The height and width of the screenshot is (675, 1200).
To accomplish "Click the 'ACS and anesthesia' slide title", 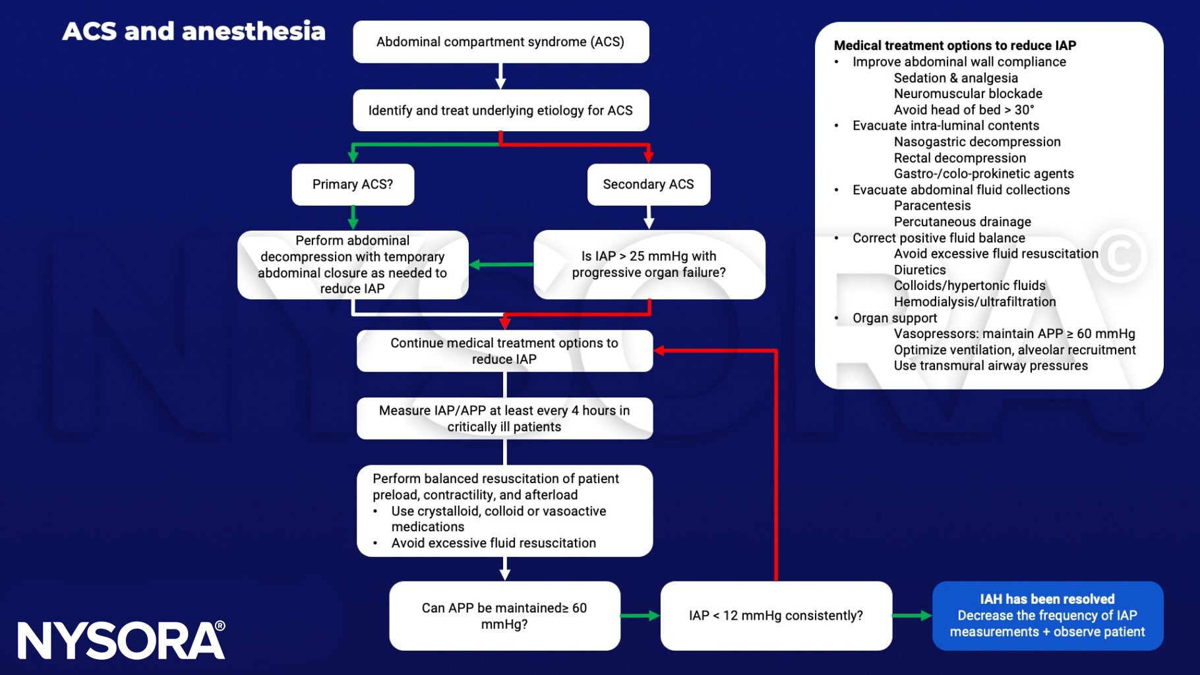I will click(x=194, y=31).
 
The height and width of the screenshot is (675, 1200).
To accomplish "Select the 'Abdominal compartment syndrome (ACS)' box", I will click(x=500, y=42).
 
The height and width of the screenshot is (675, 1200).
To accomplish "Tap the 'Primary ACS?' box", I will click(x=353, y=185).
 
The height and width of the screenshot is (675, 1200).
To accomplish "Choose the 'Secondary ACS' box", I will click(x=648, y=185).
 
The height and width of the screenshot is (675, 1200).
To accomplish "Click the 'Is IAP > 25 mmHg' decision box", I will click(x=649, y=264).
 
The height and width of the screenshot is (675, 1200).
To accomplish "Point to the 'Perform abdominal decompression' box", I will click(x=353, y=264).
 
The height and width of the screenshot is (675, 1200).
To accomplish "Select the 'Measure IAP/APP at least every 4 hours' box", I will click(x=504, y=419).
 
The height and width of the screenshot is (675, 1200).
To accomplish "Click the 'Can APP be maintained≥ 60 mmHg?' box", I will click(x=504, y=616).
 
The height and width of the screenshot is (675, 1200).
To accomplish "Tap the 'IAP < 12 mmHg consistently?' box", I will click(x=776, y=616).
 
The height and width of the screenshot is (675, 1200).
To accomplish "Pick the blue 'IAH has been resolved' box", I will click(x=1047, y=616).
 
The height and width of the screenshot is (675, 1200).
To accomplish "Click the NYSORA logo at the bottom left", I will click(x=121, y=641).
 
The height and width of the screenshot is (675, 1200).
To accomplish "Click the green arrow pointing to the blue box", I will click(x=912, y=616).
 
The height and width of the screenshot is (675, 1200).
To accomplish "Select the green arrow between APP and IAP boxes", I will click(x=640, y=616).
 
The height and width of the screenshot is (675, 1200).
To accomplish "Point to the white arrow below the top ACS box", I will click(x=500, y=76).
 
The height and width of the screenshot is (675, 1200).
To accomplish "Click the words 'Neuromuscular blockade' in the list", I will click(x=967, y=94).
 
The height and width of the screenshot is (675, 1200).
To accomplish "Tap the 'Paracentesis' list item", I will click(x=932, y=206).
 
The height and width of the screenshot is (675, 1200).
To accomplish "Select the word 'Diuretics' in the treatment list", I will click(x=919, y=270).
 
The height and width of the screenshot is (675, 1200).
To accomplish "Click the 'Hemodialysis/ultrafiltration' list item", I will click(x=974, y=302).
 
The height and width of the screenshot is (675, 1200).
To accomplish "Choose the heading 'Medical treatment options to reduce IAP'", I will click(x=954, y=45).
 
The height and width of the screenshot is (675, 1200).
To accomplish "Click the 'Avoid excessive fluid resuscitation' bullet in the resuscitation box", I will click(x=493, y=543).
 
